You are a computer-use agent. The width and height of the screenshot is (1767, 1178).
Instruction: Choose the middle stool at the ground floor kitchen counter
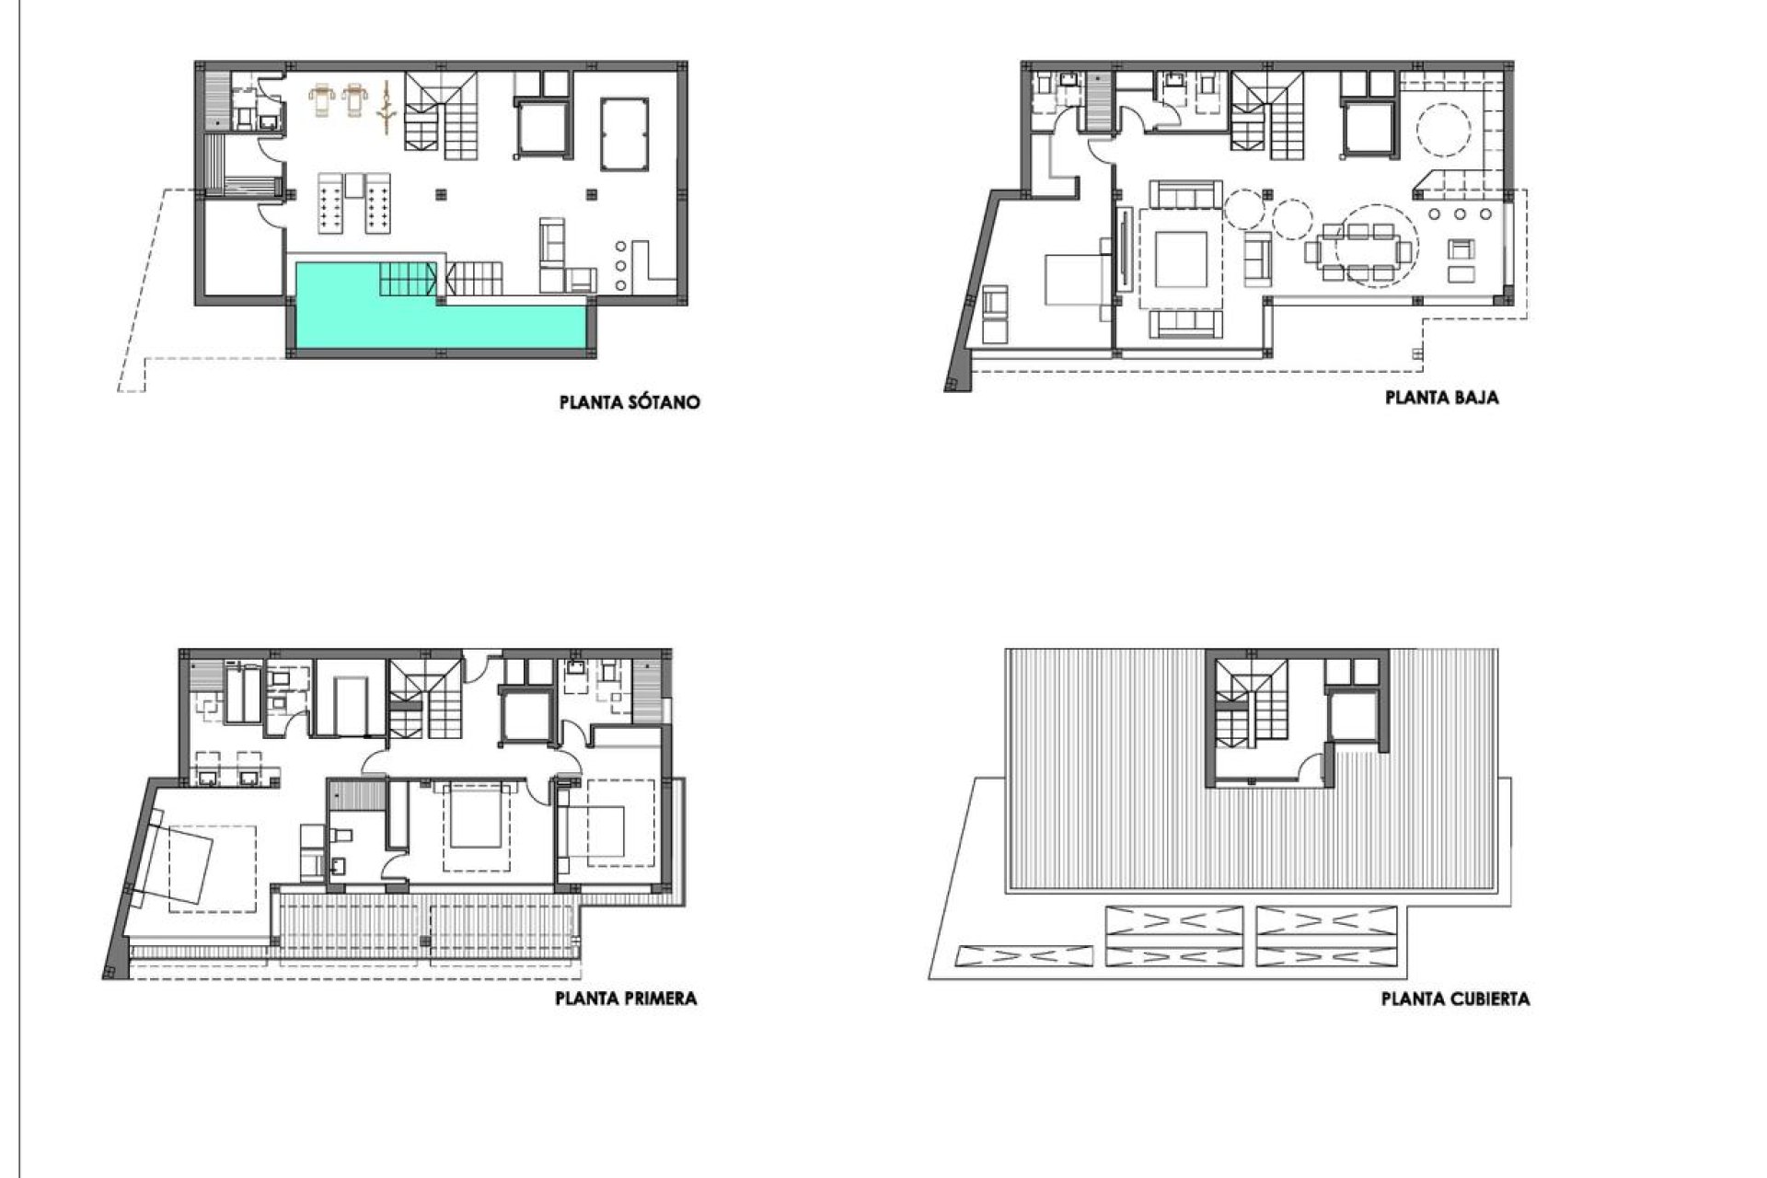click(1460, 214)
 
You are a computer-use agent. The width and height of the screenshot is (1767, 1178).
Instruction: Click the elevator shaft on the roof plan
click(1354, 716)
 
